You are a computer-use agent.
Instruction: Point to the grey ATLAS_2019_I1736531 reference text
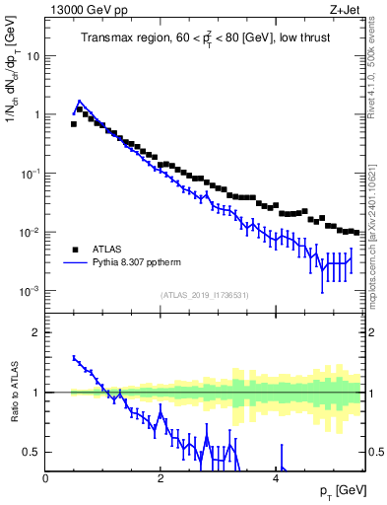point(203,295)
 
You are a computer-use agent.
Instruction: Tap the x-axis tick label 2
point(160,478)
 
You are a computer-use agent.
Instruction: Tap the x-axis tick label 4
point(275,478)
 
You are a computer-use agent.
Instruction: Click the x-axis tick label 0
point(45,478)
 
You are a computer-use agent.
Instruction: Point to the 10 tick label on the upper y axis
point(32,55)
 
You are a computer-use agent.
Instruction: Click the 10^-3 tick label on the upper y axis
point(30,291)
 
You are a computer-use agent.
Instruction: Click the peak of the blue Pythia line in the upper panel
point(79,101)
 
